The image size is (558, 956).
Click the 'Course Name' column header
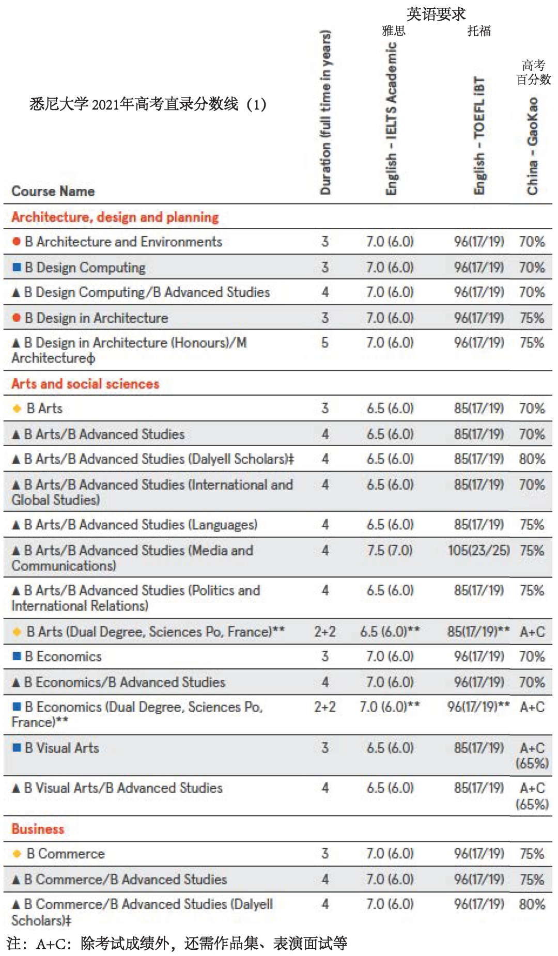53,192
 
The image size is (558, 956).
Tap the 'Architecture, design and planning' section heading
115,217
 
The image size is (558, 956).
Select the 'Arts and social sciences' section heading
85,384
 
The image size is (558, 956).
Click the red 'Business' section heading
38,829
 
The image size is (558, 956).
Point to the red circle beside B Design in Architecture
17,318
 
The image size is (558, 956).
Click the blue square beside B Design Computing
17,267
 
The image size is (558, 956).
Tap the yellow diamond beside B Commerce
17,854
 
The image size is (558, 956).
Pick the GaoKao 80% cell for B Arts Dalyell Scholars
532,459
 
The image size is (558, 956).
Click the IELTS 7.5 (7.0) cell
390,551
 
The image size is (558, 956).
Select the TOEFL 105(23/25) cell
478,551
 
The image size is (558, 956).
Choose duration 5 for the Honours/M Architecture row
324,343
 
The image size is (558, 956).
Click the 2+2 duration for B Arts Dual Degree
324,632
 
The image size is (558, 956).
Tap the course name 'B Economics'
63,657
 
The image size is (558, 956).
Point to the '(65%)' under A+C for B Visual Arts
532,763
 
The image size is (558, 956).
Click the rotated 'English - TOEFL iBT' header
479,136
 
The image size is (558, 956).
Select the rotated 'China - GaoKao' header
532,146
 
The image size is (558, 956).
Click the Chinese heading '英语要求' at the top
436,14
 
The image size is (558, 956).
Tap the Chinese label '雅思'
394,31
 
